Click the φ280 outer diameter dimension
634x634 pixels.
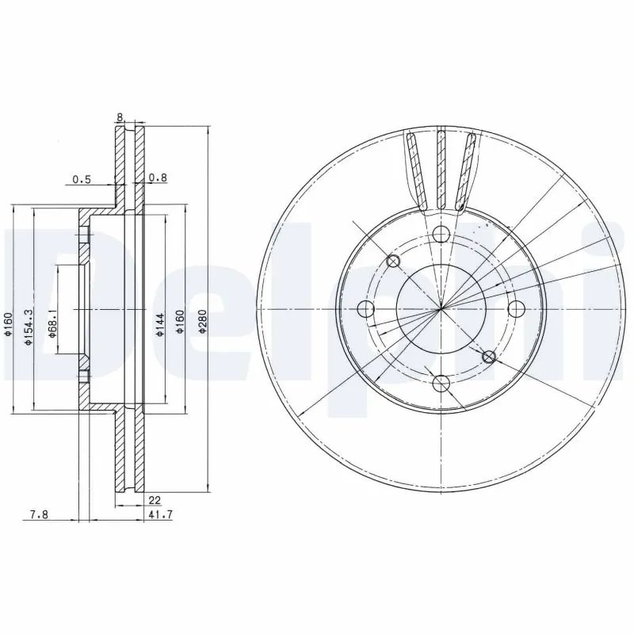point(203,321)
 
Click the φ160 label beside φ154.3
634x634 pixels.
point(7,326)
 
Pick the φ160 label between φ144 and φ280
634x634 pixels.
point(181,322)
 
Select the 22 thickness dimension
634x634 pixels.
point(155,499)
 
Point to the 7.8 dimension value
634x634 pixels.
point(39,514)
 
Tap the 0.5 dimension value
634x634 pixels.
point(82,179)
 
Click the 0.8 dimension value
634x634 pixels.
point(158,179)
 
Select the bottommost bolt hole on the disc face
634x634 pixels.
point(441,385)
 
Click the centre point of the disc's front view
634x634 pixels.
point(441,308)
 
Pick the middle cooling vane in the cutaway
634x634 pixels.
point(441,170)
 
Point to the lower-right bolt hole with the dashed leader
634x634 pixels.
point(489,357)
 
